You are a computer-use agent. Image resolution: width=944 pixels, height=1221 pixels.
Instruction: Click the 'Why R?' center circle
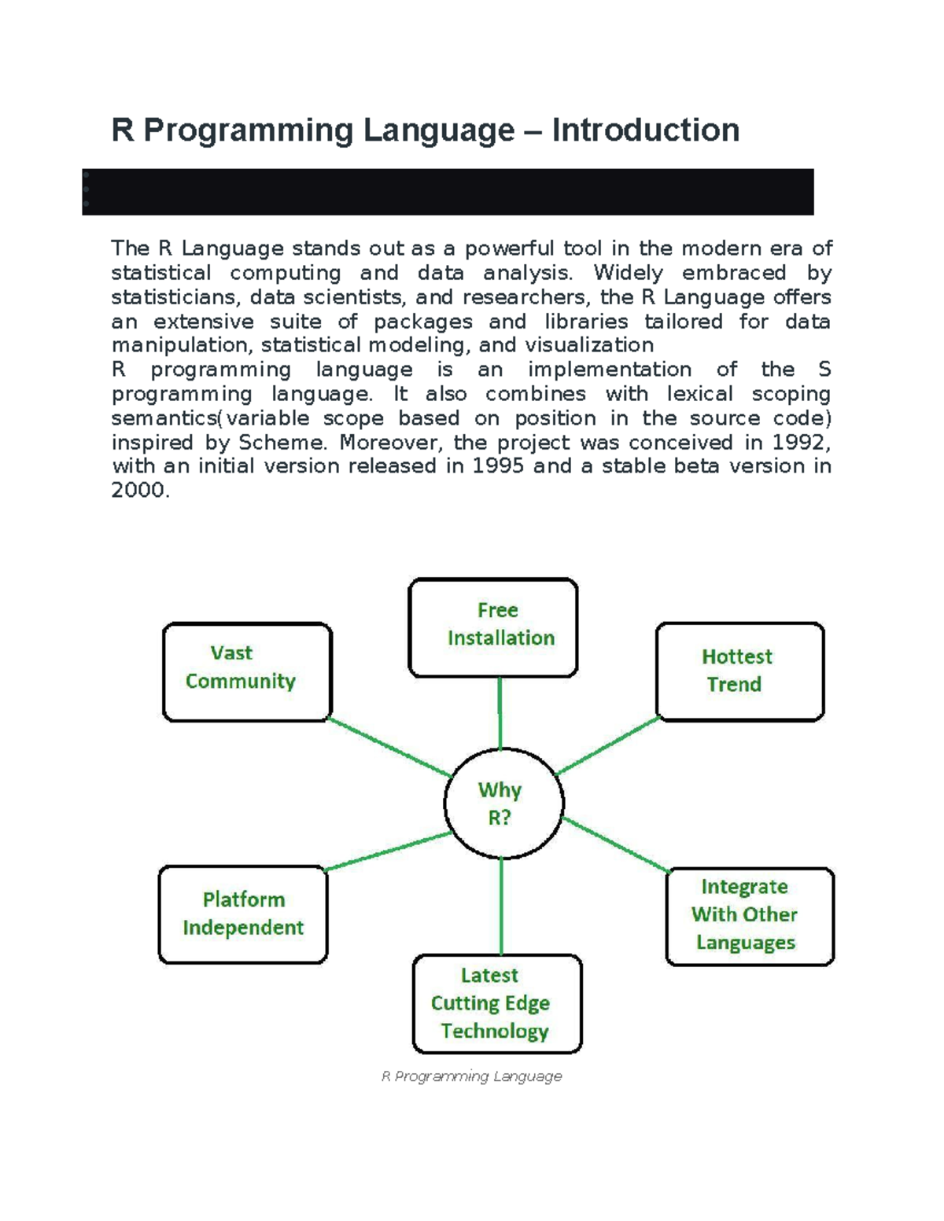[503, 804]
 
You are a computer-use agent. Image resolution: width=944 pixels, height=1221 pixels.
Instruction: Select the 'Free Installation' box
[493, 627]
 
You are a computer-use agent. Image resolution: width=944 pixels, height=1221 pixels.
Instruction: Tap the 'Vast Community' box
[247, 671]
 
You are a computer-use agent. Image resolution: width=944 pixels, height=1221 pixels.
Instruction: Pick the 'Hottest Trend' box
[739, 671]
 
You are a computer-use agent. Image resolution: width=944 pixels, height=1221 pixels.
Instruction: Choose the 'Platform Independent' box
[242, 914]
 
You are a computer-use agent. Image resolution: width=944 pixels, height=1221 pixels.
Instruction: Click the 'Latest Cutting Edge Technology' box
[497, 1003]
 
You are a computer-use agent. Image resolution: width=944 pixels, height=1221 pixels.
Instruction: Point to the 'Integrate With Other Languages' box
[750, 916]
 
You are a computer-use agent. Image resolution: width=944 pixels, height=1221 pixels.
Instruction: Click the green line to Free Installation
[500, 712]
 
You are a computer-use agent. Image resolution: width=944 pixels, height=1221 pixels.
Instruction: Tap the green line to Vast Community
[389, 747]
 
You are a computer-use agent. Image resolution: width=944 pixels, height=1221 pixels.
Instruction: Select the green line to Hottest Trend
[607, 746]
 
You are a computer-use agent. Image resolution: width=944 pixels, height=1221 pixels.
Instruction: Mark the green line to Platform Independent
[389, 851]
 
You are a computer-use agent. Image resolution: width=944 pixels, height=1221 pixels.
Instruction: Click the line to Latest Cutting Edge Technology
[501, 907]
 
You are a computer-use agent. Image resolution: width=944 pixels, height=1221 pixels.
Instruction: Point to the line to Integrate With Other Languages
[616, 845]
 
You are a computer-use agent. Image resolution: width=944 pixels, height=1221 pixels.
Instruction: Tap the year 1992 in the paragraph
[800, 443]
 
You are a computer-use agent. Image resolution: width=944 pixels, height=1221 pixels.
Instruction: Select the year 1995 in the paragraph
[498, 466]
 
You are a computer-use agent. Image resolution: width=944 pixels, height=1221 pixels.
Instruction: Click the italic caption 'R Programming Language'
[471, 1076]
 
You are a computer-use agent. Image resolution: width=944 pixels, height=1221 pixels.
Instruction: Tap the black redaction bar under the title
[448, 192]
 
